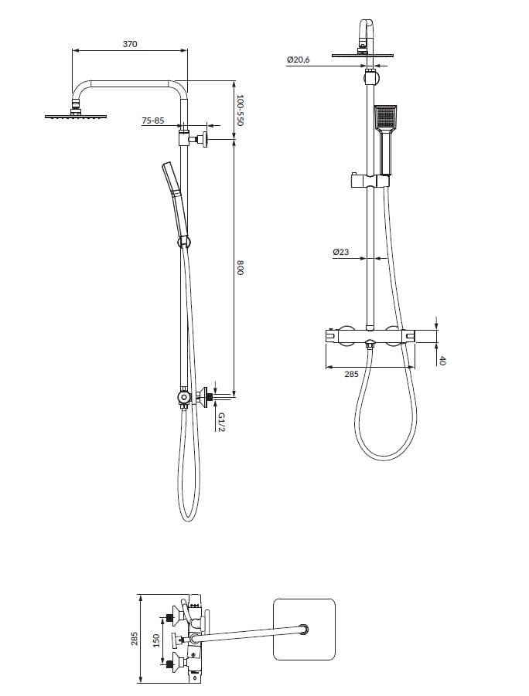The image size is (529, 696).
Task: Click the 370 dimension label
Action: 130,44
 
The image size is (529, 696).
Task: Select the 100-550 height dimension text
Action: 240,110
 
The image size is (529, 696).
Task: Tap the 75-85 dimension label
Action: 153,121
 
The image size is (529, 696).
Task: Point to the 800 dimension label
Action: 240,268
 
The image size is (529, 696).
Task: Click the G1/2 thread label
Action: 221,422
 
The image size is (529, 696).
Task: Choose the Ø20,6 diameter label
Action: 298,59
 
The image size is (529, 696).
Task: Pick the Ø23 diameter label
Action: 341,252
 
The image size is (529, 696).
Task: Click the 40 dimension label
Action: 442,361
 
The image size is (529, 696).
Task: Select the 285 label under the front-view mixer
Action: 351,374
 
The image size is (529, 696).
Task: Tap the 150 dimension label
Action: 156,640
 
